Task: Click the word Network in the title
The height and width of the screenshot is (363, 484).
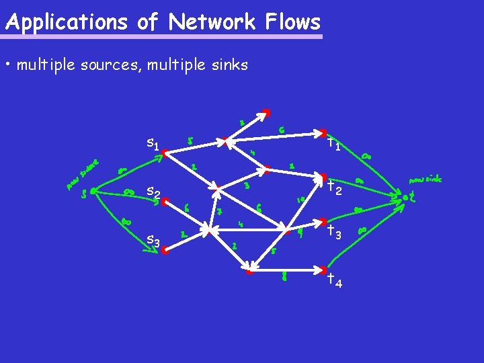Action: tap(212, 22)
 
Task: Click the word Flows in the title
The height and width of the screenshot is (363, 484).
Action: tap(292, 22)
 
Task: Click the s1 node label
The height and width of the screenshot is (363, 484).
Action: tap(153, 143)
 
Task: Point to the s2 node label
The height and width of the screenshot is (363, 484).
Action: tap(153, 193)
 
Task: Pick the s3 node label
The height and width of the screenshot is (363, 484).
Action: tap(153, 240)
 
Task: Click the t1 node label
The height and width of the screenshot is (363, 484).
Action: tap(333, 143)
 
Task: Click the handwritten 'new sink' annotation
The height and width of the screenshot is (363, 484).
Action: tap(426, 179)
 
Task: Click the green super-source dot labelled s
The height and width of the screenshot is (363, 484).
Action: tap(92, 192)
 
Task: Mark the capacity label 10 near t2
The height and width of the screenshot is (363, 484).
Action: tap(301, 200)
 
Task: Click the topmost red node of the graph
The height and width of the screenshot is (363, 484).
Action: tap(266, 112)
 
